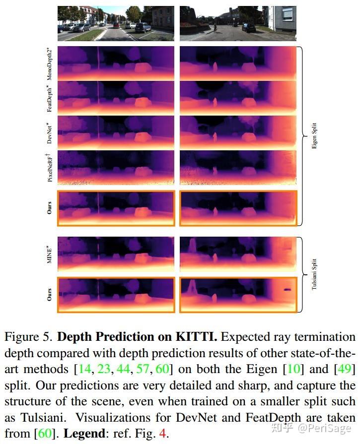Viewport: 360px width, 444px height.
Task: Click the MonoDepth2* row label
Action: (x=51, y=63)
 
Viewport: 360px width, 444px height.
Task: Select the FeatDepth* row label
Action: (x=51, y=97)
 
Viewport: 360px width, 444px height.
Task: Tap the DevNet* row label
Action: (x=51, y=132)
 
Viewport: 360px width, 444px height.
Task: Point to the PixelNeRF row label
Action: (x=51, y=167)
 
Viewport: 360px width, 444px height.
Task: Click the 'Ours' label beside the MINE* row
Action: (x=50, y=295)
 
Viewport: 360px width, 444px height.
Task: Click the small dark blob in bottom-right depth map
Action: (x=287, y=290)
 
